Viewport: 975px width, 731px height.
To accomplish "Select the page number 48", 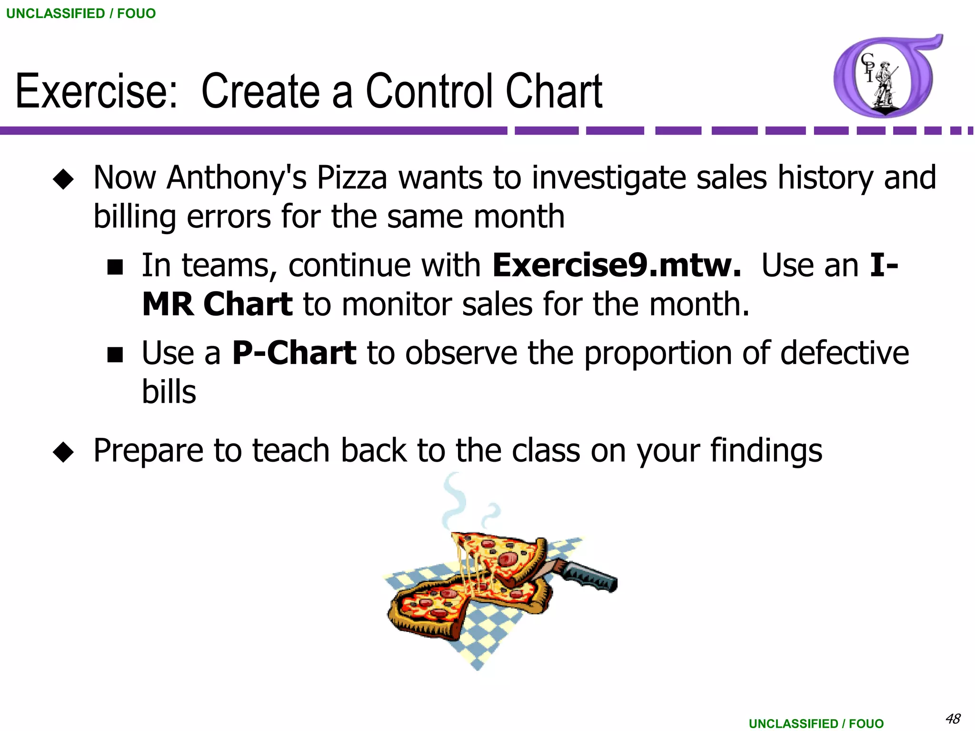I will [x=953, y=718].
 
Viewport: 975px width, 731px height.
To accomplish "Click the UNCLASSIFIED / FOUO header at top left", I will [x=81, y=13].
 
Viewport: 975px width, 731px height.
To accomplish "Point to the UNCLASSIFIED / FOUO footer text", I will [x=816, y=723].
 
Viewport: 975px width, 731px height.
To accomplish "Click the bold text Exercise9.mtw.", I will [x=617, y=265].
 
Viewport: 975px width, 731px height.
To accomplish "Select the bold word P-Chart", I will [x=294, y=353].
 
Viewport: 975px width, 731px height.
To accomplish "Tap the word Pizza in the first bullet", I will [x=352, y=178].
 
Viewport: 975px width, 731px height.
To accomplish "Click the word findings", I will [x=766, y=450].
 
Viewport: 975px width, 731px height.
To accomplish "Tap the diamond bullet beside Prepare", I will [x=63, y=452].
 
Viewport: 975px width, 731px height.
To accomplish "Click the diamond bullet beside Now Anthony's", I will [x=63, y=180].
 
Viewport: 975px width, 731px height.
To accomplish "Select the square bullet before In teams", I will [x=115, y=267].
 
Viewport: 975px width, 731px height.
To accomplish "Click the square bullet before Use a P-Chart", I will [x=115, y=355].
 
